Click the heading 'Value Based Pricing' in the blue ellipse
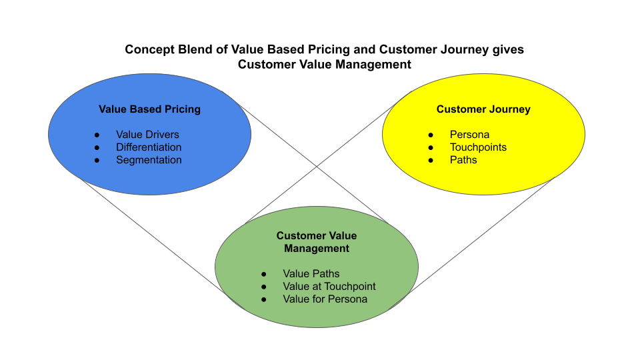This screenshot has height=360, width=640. [149, 109]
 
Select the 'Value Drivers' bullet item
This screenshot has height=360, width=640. [147, 135]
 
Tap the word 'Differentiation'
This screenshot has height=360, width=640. [149, 147]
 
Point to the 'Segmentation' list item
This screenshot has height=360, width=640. [149, 160]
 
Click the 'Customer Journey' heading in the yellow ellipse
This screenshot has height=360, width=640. [483, 109]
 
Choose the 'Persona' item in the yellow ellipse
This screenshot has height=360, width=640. [469, 135]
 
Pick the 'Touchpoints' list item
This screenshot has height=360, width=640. [478, 147]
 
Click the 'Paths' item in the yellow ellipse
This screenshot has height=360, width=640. [463, 160]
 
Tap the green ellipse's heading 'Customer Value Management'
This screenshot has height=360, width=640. [317, 242]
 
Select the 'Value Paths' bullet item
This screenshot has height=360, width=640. [311, 274]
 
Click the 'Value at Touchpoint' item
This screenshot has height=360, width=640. [329, 287]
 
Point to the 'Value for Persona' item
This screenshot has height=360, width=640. [325, 299]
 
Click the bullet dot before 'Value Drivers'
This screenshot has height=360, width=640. [97, 135]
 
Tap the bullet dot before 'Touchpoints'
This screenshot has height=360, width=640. [431, 148]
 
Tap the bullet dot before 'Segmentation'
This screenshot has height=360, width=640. [97, 161]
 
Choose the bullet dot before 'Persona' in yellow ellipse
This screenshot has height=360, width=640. [431, 135]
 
